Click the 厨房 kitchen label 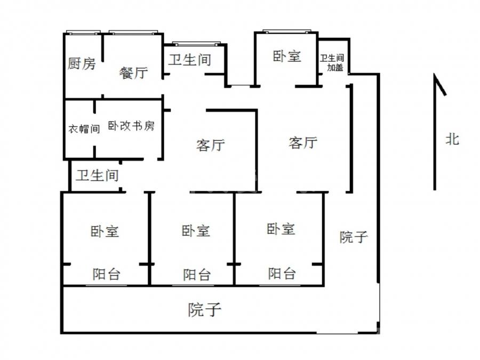[x=82, y=63]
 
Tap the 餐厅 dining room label [x=133, y=73]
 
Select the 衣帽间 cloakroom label [x=84, y=129]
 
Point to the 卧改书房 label [x=131, y=125]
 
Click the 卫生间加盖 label [x=332, y=63]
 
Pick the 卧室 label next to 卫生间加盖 [x=287, y=57]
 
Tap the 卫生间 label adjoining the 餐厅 [x=190, y=59]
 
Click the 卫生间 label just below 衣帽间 [x=98, y=175]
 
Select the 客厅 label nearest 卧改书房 [x=211, y=145]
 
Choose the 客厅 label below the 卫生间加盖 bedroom [x=303, y=142]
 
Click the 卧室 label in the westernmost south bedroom [x=105, y=231]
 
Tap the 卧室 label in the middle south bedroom [x=196, y=230]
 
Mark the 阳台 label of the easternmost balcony [x=282, y=274]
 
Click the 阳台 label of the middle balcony [x=197, y=275]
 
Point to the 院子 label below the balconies [x=204, y=309]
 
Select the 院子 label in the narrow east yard [x=354, y=237]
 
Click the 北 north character [x=452, y=139]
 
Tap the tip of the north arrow [x=434, y=74]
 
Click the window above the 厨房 [x=83, y=33]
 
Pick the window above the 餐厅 [x=133, y=33]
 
